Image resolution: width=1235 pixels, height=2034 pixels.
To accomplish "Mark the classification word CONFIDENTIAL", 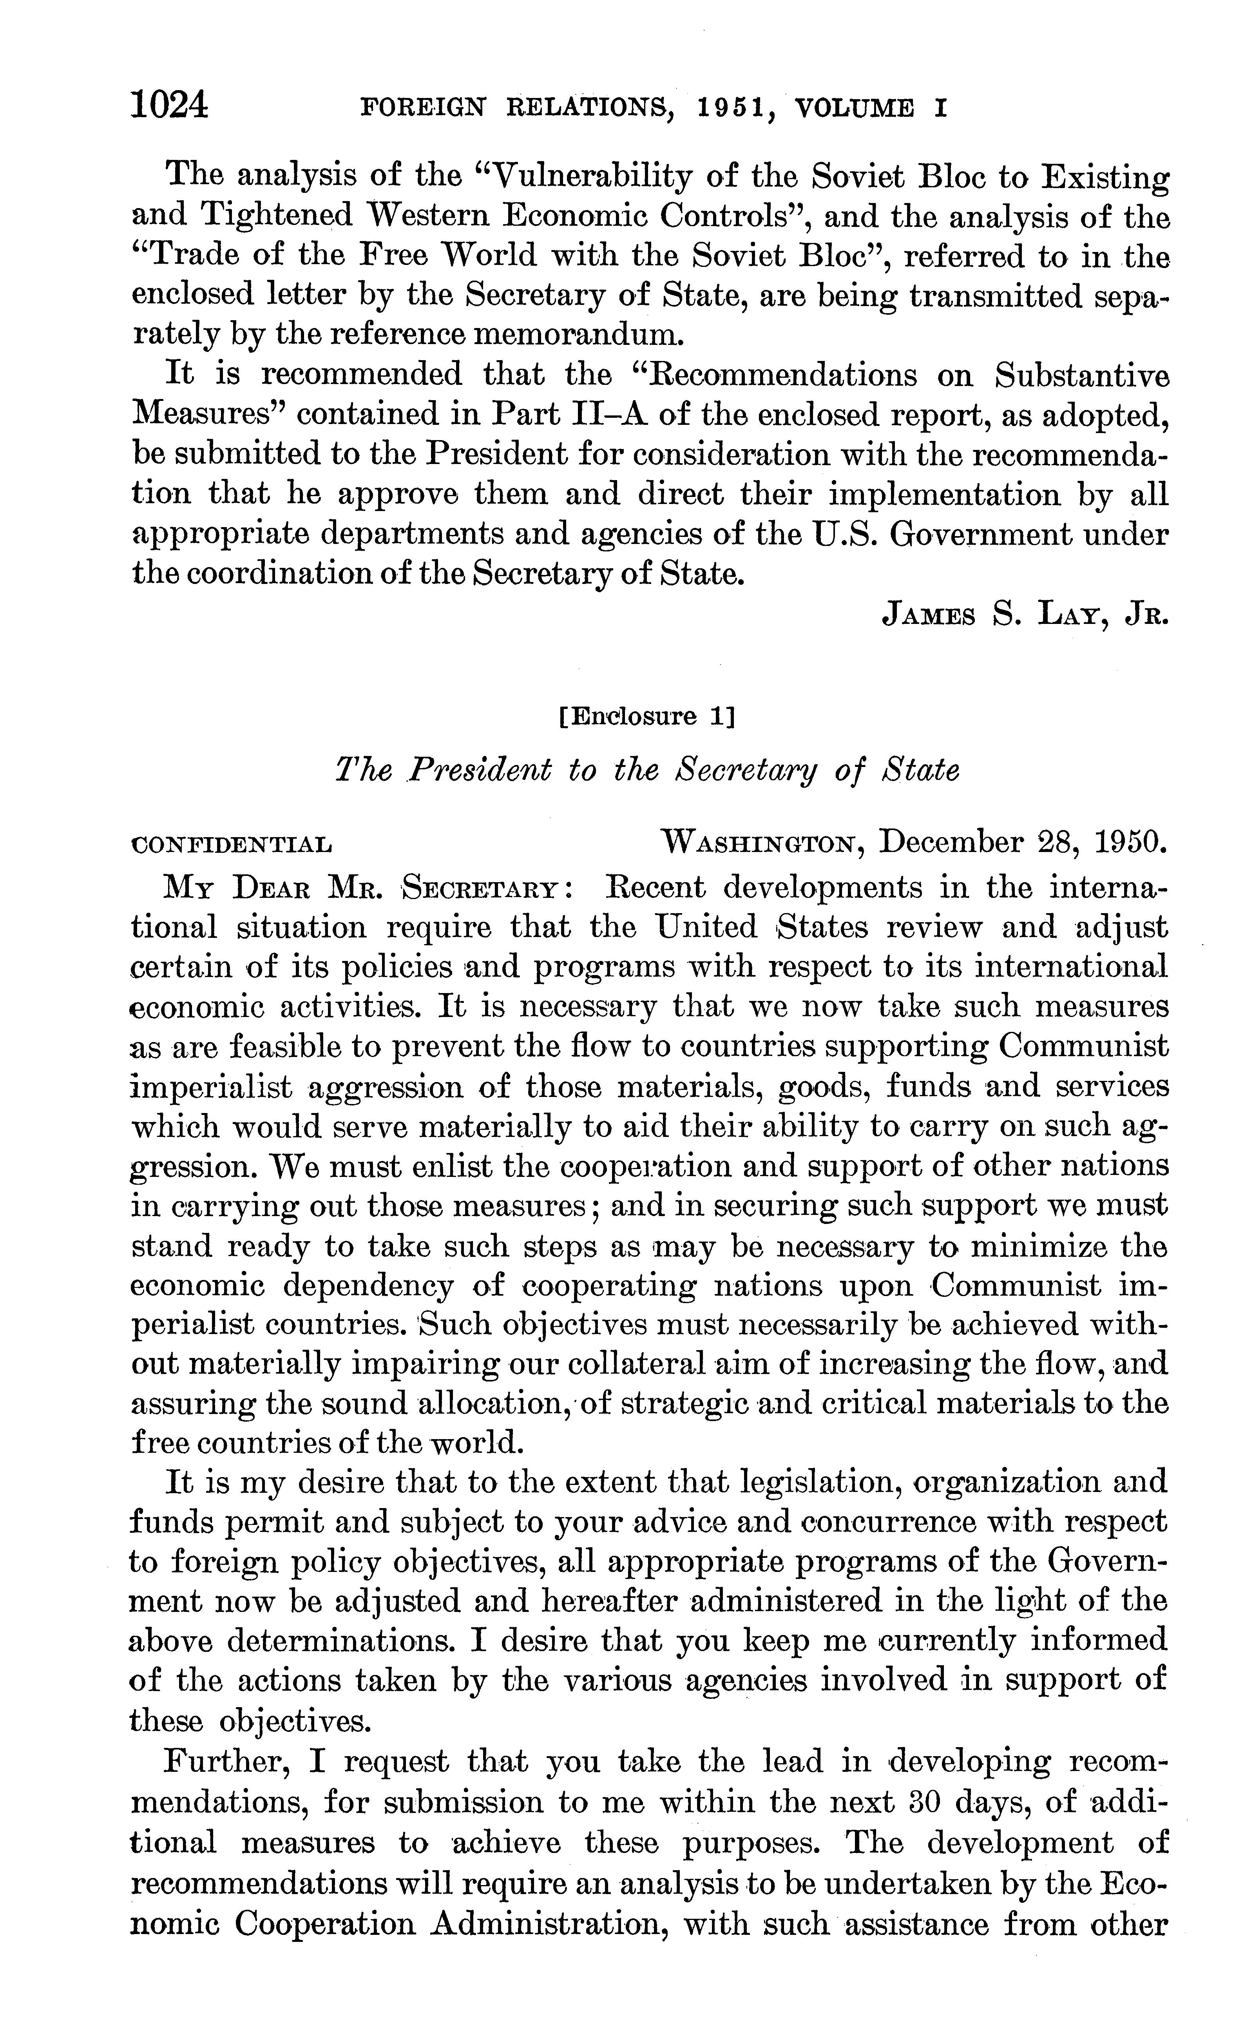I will (233, 845).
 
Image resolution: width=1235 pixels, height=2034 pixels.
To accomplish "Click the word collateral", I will (626, 1364).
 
